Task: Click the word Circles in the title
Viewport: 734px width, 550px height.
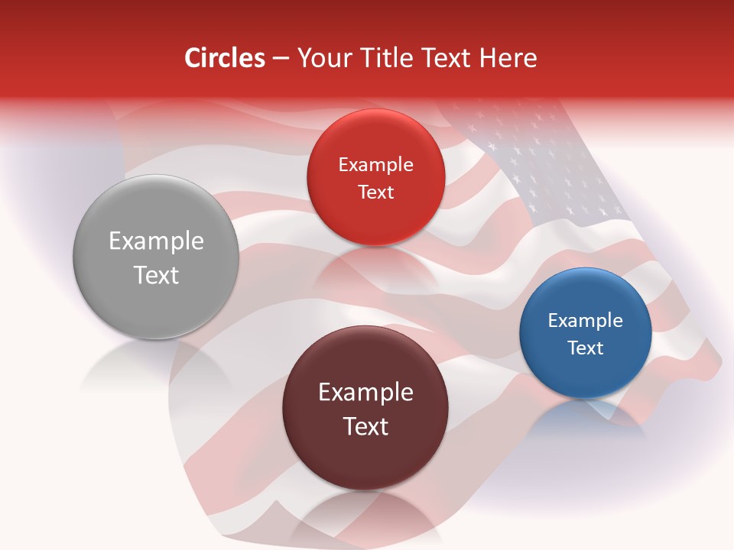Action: click(224, 58)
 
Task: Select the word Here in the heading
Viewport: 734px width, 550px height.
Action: click(508, 58)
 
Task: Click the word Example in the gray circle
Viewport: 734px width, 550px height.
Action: click(156, 241)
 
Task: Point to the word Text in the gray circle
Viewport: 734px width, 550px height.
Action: click(156, 275)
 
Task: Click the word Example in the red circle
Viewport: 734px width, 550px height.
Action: click(375, 165)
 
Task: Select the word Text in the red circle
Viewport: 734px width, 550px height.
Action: click(375, 192)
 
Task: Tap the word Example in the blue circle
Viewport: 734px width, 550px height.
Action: click(586, 321)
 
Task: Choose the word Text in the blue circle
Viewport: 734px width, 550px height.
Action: click(586, 348)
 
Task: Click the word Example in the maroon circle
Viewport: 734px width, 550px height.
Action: click(365, 393)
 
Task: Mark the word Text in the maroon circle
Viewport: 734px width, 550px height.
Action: click(365, 426)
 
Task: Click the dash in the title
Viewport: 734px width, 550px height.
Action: click(281, 59)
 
